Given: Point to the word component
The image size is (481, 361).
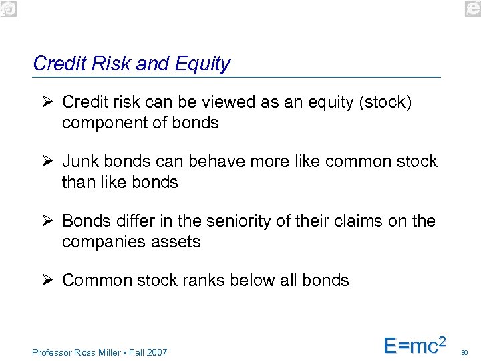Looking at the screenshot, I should pyautogui.click(x=107, y=123).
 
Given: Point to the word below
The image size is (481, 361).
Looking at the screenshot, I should pyautogui.click(x=264, y=280).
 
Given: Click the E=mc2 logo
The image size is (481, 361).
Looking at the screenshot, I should pyautogui.click(x=414, y=344).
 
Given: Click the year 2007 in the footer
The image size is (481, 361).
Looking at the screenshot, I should pyautogui.click(x=156, y=352).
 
